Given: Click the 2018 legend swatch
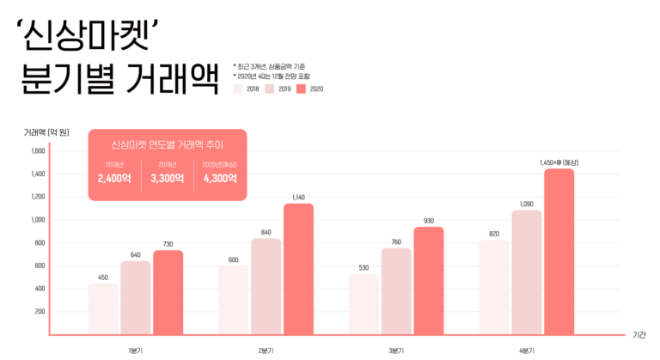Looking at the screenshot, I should click(238, 88).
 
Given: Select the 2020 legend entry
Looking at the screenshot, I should click(309, 88).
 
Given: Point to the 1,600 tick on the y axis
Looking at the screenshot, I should click(38, 151).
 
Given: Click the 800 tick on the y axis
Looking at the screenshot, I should click(40, 242).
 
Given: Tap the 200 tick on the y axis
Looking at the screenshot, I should click(40, 311).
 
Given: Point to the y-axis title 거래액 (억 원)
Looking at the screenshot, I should click(46, 131).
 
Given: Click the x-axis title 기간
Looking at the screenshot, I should click(639, 334).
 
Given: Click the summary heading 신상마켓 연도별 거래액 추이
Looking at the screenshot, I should click(168, 143).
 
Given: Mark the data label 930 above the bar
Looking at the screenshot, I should click(429, 221).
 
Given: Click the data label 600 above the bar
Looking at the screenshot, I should click(233, 260).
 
